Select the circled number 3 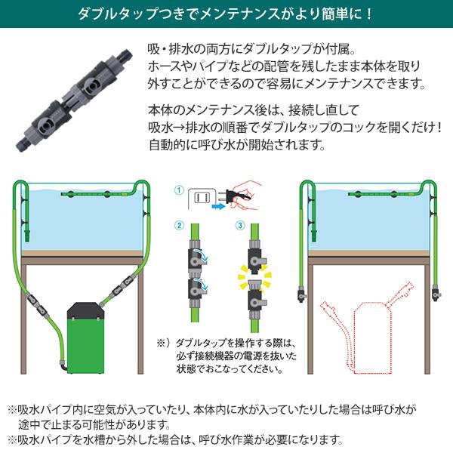coord(240,225)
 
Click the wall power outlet coord(202,198)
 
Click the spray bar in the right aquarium coord(362,193)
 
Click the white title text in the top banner coord(226,14)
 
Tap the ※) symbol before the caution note coord(162,341)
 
